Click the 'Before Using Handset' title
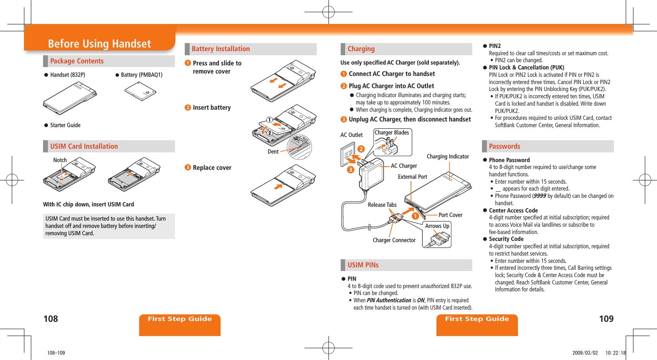99,43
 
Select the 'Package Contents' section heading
77,61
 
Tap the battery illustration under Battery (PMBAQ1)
140,91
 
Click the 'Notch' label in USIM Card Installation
60,160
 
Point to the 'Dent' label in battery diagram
273,152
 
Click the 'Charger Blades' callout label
391,132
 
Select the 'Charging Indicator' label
447,156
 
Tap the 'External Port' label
412,177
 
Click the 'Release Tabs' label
382,205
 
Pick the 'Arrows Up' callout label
437,226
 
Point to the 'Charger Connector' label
394,240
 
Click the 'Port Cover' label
450,215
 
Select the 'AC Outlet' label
351,135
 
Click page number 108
51,319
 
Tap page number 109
606,319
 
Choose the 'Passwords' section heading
504,146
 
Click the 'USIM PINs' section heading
363,265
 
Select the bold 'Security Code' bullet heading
506,239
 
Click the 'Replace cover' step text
212,168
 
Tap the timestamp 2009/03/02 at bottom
585,353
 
